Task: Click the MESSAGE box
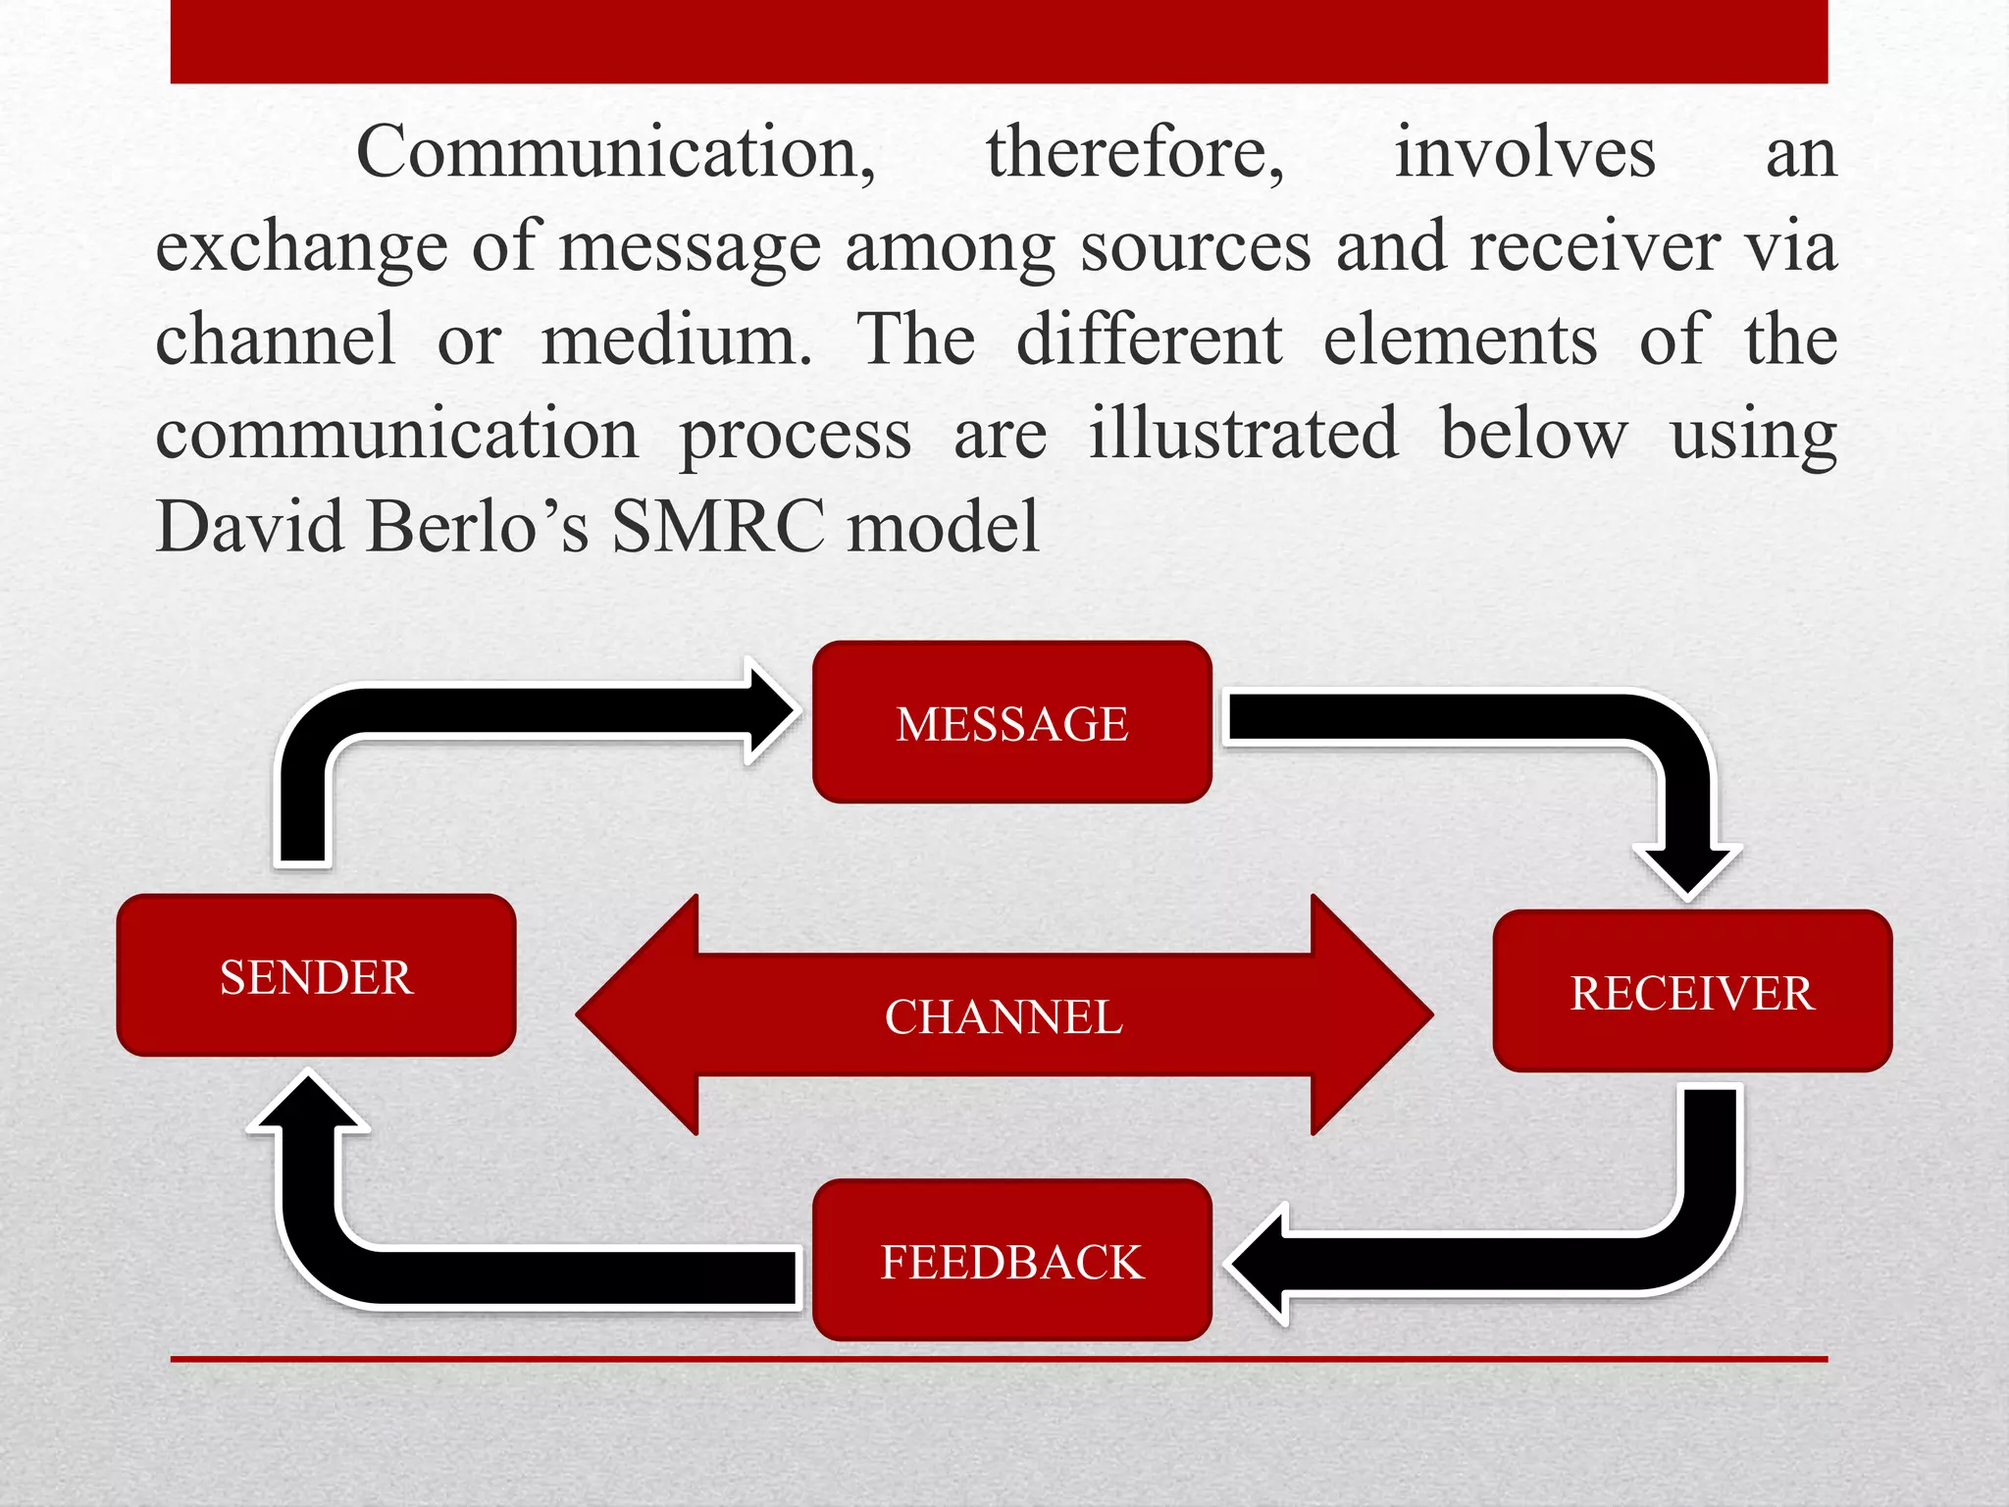click(1012, 723)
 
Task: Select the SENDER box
click(316, 976)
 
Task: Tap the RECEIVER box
click(1692, 992)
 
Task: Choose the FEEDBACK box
click(1012, 1261)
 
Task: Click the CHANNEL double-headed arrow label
click(1004, 1016)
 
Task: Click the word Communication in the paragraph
click(615, 153)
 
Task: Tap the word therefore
click(1134, 153)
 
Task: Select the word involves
click(1524, 153)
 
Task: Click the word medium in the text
click(676, 340)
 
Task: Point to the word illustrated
click(1243, 434)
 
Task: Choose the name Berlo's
click(480, 527)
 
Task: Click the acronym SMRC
click(718, 527)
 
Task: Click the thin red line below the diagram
click(999, 1359)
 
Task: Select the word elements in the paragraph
click(1460, 340)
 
